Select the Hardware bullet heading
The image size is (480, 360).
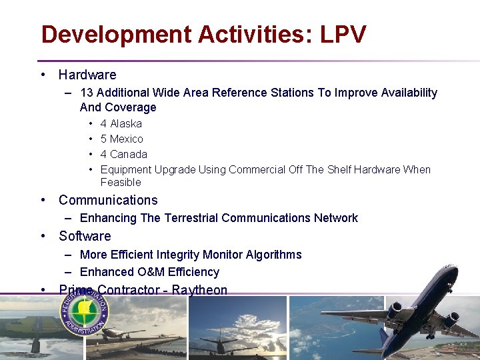tap(87, 75)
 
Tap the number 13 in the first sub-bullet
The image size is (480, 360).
tap(87, 93)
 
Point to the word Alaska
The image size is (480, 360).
tap(126, 123)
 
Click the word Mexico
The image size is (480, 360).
tap(127, 139)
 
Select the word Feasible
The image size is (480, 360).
tap(121, 182)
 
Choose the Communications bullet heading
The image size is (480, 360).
tap(108, 200)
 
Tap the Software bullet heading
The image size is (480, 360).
tap(85, 236)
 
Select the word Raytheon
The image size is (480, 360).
tap(199, 290)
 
